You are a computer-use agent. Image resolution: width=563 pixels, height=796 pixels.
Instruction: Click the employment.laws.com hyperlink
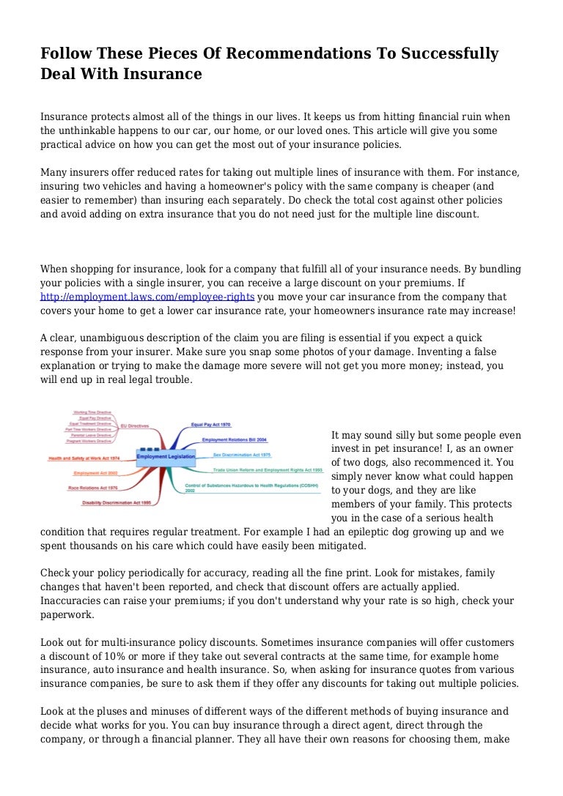(x=147, y=297)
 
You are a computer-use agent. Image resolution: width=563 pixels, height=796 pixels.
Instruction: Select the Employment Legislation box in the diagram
(x=166, y=456)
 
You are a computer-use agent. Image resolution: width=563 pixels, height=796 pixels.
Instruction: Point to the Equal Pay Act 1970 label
(x=211, y=425)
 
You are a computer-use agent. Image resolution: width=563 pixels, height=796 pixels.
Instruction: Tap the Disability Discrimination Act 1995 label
(x=116, y=503)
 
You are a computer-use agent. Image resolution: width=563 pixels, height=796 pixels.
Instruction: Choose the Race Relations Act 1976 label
(x=93, y=487)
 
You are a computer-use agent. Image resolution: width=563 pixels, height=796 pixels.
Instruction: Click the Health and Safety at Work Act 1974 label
(x=84, y=458)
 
